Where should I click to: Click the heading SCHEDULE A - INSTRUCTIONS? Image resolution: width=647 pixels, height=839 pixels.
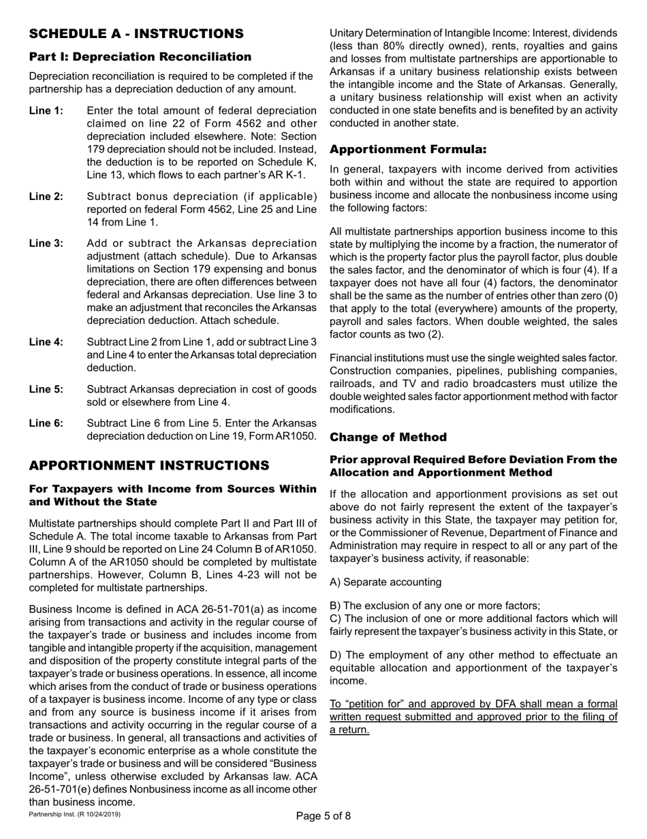[x=136, y=33]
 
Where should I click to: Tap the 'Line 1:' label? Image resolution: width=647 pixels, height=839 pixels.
[x=46, y=111]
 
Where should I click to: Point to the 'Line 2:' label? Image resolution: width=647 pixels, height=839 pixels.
[x=46, y=197]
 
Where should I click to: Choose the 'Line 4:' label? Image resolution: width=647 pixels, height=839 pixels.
[x=46, y=342]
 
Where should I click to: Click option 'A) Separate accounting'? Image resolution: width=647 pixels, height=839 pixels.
[x=385, y=582]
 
